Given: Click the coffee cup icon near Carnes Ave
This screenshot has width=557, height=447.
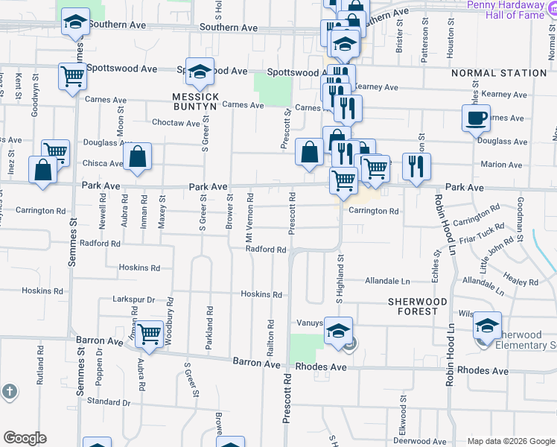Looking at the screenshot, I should click(476, 117).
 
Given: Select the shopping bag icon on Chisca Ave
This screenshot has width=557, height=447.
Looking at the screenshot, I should click(137, 157).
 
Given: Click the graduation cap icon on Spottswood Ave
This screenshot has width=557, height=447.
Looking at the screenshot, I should click(200, 72).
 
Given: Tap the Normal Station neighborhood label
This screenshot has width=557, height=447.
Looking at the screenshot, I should click(499, 73).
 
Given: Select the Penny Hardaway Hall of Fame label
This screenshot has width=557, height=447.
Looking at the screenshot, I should click(512, 9).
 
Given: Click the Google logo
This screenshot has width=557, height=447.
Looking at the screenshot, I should click(25, 438).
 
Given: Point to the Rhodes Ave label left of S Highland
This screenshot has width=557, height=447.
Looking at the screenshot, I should click(320, 367).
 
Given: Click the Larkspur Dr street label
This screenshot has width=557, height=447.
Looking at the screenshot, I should click(133, 299).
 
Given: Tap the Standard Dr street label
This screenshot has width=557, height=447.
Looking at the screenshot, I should click(109, 402).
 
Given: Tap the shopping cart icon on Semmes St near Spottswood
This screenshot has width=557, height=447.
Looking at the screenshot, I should click(73, 76).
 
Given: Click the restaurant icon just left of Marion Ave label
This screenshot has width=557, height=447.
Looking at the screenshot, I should click(416, 165).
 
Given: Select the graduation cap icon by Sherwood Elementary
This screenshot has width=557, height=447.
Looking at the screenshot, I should click(487, 326).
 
